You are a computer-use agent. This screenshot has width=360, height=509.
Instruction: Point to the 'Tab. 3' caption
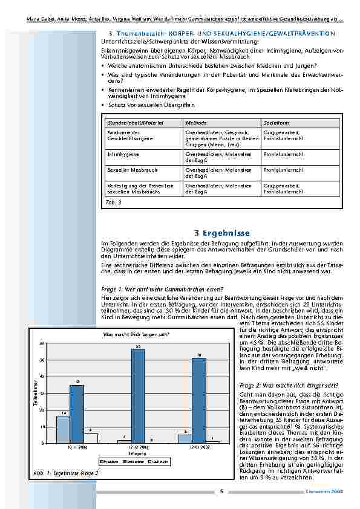pos(113,202)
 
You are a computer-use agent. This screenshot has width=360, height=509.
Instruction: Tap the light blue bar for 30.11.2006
pos(63,429)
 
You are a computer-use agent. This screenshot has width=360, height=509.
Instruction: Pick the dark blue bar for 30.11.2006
pos(77,413)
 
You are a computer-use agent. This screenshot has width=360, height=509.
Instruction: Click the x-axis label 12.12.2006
pos(137,447)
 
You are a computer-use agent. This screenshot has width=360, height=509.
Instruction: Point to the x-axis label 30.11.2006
pos(77,447)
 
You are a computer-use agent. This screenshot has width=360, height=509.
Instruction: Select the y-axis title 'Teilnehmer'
pos(36,393)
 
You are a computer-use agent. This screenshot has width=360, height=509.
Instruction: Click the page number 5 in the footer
pos(221,491)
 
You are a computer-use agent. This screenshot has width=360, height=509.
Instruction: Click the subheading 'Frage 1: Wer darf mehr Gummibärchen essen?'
pos(162,289)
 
